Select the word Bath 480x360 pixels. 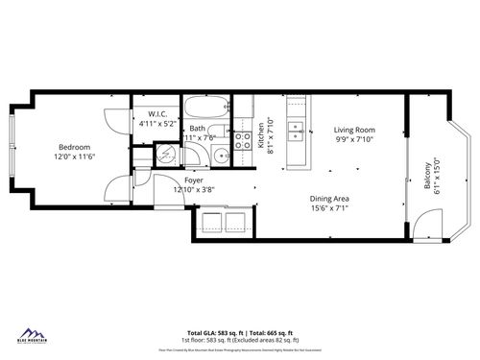(x=196, y=128)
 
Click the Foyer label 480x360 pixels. (x=193, y=179)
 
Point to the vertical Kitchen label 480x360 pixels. (x=260, y=135)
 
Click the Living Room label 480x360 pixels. (x=354, y=130)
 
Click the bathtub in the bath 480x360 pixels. (x=204, y=108)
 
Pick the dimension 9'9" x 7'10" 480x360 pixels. (x=354, y=139)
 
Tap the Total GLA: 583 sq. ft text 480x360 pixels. (x=211, y=333)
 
